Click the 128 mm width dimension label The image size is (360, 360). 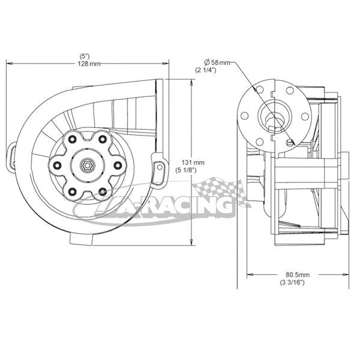coord(89,64)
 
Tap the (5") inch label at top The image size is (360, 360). coord(86,56)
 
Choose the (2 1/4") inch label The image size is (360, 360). coord(206,71)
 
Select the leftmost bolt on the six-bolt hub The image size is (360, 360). coord(58,165)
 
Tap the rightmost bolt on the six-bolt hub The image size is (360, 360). coord(118,164)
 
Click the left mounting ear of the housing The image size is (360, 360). coord(13,152)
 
